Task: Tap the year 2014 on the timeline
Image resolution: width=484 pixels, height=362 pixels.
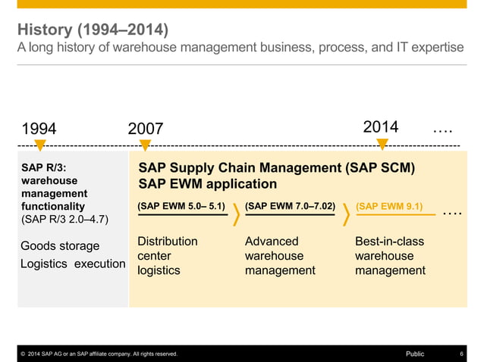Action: pos(381,126)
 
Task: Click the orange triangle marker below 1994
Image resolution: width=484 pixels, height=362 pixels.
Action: pos(39,145)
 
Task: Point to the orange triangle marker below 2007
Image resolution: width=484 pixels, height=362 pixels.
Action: pos(145,145)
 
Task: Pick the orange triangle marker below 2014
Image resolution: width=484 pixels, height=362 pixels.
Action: pos(382,145)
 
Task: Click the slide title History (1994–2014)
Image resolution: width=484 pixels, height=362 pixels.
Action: pos(93,30)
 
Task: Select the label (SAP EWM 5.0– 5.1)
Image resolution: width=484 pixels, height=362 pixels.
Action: pos(181,206)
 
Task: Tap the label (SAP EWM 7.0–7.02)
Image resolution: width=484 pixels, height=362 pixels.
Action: pos(290,206)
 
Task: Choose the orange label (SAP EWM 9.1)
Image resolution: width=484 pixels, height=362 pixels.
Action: pos(389,206)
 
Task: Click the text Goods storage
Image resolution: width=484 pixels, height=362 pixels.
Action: pos(60,246)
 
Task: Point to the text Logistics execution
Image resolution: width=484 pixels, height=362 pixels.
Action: pos(73,264)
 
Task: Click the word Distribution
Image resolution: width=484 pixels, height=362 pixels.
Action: pos(167,242)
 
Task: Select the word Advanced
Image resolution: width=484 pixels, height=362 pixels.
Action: pos(272,242)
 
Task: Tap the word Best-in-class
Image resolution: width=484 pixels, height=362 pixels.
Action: pos(389,242)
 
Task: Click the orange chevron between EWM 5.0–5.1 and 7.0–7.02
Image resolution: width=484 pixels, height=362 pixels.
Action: pos(237,214)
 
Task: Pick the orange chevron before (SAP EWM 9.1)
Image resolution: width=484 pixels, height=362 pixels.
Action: pos(347,214)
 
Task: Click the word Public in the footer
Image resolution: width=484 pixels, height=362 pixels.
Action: pos(415,354)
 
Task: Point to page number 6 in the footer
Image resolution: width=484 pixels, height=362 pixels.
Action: pos(462,354)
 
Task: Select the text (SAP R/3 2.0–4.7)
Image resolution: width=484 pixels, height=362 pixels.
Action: pos(64,220)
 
